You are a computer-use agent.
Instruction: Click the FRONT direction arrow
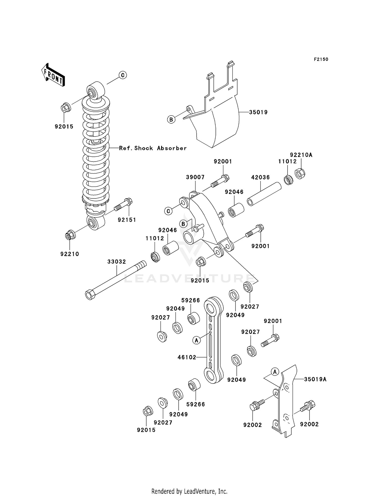(x=53, y=75)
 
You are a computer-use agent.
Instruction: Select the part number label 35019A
(x=315, y=379)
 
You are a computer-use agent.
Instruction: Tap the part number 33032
(x=116, y=262)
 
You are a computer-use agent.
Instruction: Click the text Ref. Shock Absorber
(x=153, y=148)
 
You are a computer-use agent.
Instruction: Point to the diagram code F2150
(x=321, y=59)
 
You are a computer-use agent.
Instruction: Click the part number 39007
(x=195, y=177)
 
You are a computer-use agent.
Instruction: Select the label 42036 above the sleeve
(x=260, y=177)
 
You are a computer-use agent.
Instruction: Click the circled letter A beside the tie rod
(x=197, y=340)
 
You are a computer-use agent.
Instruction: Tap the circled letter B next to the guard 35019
(x=171, y=119)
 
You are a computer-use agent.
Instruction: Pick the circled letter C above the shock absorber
(x=123, y=75)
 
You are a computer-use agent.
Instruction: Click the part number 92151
(x=127, y=220)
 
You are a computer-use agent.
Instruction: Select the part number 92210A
(x=301, y=155)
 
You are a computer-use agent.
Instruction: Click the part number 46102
(x=187, y=357)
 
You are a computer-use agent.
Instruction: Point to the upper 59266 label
(x=191, y=300)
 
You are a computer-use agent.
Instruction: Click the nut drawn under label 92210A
(x=300, y=173)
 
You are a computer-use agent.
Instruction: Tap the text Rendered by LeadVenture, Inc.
(x=189, y=491)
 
